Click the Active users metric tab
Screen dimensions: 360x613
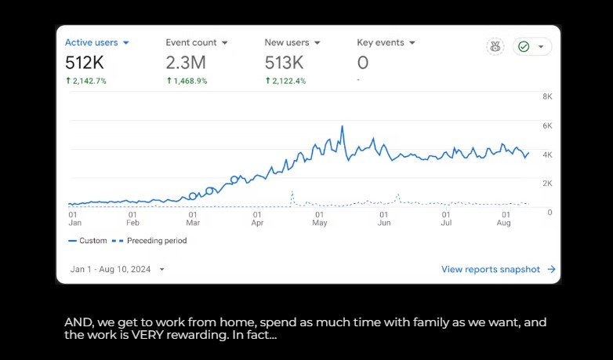point(97,42)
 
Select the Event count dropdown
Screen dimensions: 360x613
point(197,42)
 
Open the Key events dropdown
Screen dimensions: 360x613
point(386,42)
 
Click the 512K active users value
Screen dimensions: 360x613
point(84,63)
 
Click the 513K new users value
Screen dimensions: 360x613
point(283,63)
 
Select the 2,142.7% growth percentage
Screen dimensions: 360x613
point(86,81)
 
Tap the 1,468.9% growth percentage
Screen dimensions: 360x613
point(187,81)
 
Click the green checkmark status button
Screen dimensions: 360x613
point(532,46)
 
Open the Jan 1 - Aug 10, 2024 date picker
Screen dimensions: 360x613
point(118,269)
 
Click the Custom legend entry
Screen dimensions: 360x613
point(88,241)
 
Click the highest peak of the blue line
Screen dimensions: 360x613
point(343,126)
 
